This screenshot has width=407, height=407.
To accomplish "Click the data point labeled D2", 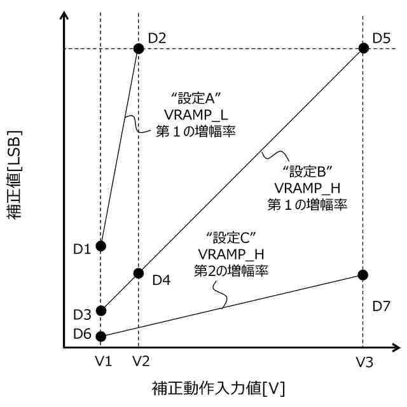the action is [x=138, y=48].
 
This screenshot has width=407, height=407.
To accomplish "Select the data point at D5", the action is [x=363, y=48].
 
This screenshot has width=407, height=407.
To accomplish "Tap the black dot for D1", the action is [x=100, y=245].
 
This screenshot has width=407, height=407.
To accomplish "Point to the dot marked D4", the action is [x=138, y=273].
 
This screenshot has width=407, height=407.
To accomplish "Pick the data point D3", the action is [x=100, y=311].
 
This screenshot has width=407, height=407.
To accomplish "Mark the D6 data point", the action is [x=100, y=335].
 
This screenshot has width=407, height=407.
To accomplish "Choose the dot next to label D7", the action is [x=363, y=275].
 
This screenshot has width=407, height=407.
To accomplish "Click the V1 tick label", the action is [x=104, y=362].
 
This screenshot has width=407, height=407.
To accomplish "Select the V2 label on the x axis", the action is [x=141, y=362].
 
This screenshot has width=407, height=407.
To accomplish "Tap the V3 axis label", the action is [x=364, y=362].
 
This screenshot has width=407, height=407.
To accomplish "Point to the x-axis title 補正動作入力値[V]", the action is [x=217, y=387].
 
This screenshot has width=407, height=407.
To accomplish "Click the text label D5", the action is [x=382, y=38].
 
